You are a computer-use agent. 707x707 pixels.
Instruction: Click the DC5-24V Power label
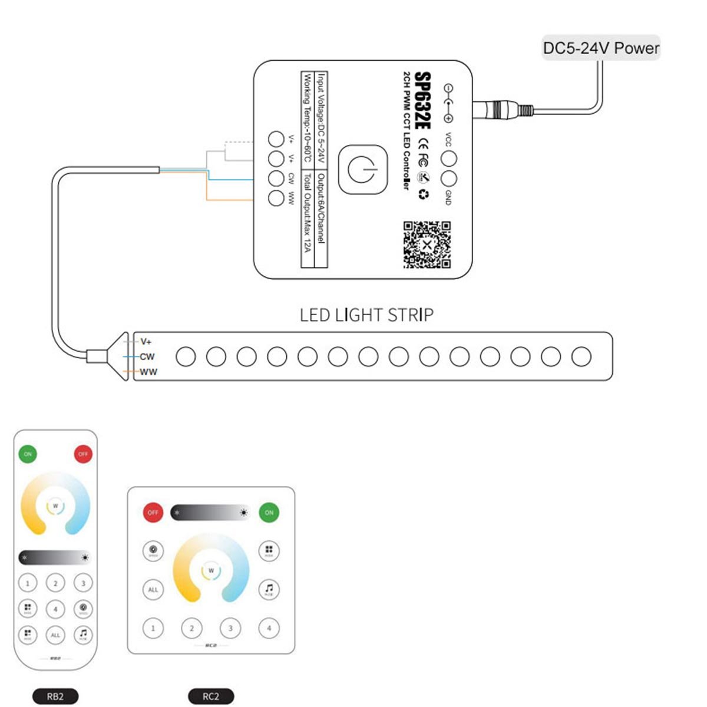[600, 48]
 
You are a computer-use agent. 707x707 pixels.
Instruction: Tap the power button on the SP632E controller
[363, 170]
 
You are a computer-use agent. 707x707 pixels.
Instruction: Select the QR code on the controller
[427, 245]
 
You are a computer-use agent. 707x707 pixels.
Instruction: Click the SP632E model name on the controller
[423, 101]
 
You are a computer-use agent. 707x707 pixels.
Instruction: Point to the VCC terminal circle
[449, 158]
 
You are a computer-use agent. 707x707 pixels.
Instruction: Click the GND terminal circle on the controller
[449, 179]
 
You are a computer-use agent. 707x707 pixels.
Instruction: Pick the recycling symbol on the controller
[423, 194]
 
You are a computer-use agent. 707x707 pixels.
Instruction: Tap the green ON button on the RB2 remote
[28, 454]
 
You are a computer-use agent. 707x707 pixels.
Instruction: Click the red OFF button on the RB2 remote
[83, 454]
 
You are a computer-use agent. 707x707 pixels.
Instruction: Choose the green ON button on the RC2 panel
[269, 513]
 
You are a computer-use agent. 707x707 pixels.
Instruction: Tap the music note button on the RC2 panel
[269, 589]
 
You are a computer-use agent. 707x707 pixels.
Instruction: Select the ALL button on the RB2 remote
[55, 635]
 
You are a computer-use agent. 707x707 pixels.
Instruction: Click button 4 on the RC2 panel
[269, 628]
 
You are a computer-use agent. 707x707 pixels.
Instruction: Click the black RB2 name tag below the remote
[55, 696]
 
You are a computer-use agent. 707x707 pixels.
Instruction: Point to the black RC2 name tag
[211, 696]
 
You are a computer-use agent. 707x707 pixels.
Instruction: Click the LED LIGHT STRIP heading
[366, 315]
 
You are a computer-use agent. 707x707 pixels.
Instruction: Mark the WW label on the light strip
[148, 372]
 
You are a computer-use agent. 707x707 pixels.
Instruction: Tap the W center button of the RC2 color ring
[211, 570]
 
